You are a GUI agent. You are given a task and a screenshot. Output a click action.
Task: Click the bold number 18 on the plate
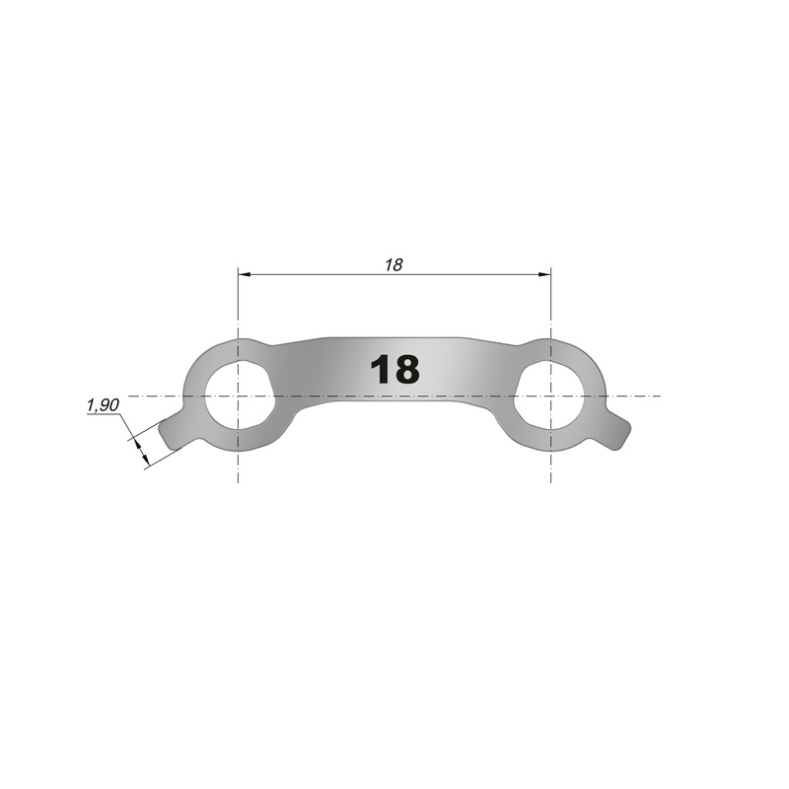point(394,369)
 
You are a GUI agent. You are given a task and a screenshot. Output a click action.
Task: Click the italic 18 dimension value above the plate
point(394,264)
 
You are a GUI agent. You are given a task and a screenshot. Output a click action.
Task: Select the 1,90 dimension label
point(103,405)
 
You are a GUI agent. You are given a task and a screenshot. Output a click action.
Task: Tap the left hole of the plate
point(240,394)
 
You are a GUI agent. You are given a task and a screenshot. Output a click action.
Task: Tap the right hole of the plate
point(549,394)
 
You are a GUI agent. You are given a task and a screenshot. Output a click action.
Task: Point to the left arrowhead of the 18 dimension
point(245,275)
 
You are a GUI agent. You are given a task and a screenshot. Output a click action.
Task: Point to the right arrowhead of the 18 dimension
point(544,275)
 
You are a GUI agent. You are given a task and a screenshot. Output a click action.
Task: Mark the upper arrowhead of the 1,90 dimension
point(136,445)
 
